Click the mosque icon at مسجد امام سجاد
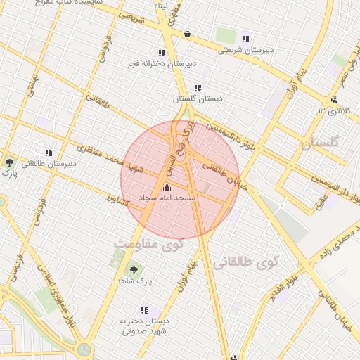tap(167, 188)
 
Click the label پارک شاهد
tap(134, 280)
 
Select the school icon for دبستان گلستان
tap(198, 89)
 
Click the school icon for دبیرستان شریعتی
tap(245, 39)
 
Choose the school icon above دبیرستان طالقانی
tap(49, 153)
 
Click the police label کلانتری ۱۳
tap(333, 111)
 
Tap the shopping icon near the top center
tap(186, 34)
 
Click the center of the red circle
tap(180, 180)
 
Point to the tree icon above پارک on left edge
tap(8, 162)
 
